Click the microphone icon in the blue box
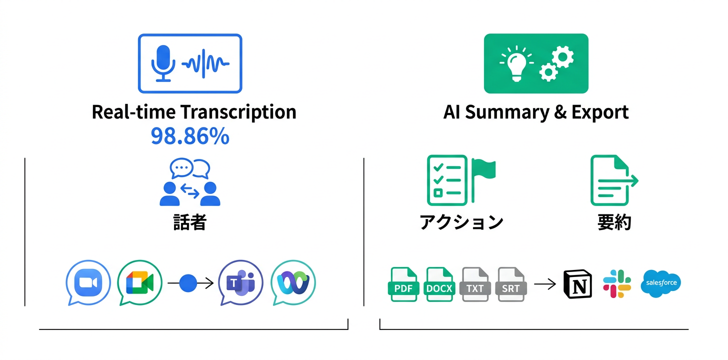tap(163, 63)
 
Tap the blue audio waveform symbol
tap(205, 64)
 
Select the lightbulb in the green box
tap(515, 64)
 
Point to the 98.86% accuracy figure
tap(190, 136)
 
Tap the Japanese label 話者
tap(189, 222)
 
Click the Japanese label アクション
tap(461, 222)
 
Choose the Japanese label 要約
tap(614, 222)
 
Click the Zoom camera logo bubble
tap(88, 282)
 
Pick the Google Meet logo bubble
tap(139, 282)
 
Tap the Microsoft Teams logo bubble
tap(241, 282)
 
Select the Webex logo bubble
tap(293, 282)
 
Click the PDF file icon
tap(403, 284)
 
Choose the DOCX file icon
tap(439, 284)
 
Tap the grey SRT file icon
tap(510, 284)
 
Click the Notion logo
tap(577, 284)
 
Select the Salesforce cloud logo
tap(661, 283)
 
